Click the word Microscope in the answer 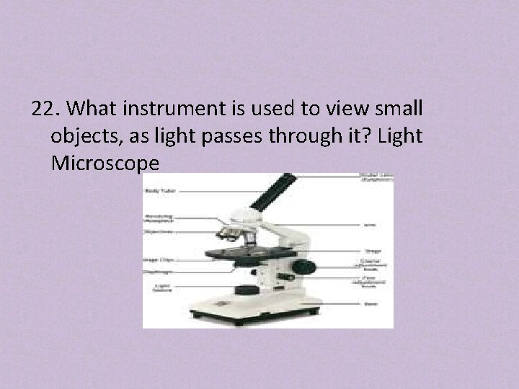105,164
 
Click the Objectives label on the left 157,232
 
